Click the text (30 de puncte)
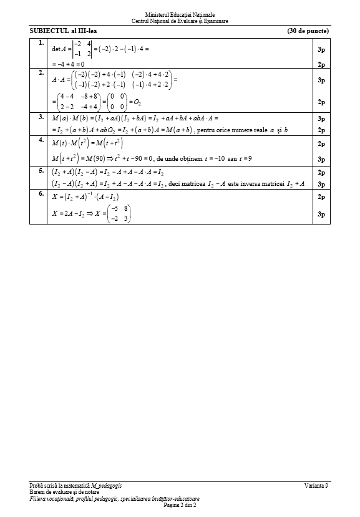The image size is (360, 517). point(308,31)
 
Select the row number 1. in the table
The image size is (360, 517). point(41,43)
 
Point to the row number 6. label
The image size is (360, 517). point(41,194)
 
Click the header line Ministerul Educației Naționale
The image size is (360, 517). point(180,14)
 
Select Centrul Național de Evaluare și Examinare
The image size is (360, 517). point(180,21)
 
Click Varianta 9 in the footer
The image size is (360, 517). point(317,485)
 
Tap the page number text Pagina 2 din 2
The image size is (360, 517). point(180,505)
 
